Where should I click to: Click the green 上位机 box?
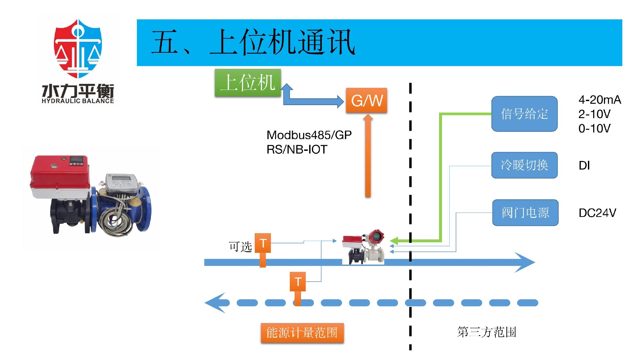coord(248,83)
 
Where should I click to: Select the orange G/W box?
coord(367,100)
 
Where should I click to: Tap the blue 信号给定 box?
coord(524,114)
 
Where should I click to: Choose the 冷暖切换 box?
coord(524,165)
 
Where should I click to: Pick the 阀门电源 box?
coord(525,213)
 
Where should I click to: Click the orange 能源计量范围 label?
coord(302,333)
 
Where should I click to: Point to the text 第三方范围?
coord(486,332)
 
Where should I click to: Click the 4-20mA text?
coord(600,100)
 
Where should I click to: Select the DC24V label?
coord(597,213)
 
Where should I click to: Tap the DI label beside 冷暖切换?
coord(584,165)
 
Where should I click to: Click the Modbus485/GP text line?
coord(309,135)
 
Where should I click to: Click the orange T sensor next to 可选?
coord(263,244)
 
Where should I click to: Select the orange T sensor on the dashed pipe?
coord(297,282)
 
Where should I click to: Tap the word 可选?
coord(240,247)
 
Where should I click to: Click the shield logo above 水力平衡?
coord(78,49)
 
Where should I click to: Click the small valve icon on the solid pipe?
coord(363,247)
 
